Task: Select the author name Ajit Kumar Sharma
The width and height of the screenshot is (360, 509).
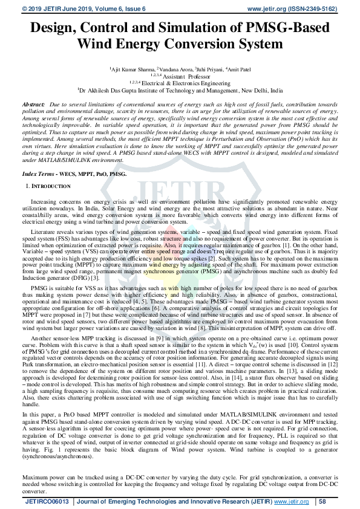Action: [x=132, y=70]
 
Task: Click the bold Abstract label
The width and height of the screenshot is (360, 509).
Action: [x=33, y=105]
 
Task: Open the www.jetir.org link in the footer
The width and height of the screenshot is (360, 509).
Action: [x=291, y=501]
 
